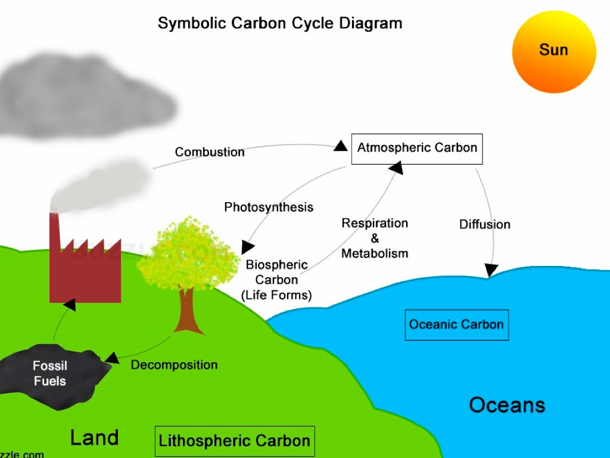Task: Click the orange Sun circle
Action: point(554,52)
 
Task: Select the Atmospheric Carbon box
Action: point(417,148)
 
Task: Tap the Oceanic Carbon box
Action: point(456,325)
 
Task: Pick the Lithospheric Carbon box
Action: point(234,441)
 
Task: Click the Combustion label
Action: point(210,152)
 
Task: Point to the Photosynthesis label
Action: point(269,208)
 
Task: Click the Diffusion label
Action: point(485,225)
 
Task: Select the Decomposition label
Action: point(174,365)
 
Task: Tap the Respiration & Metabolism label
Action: point(375,239)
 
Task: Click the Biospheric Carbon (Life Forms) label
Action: point(276,280)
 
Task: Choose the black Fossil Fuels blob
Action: point(51,374)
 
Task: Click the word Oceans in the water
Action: point(507,406)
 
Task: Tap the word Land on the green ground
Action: point(94,438)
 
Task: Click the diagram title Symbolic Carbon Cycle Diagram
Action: point(280,23)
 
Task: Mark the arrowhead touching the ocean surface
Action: point(491,271)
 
